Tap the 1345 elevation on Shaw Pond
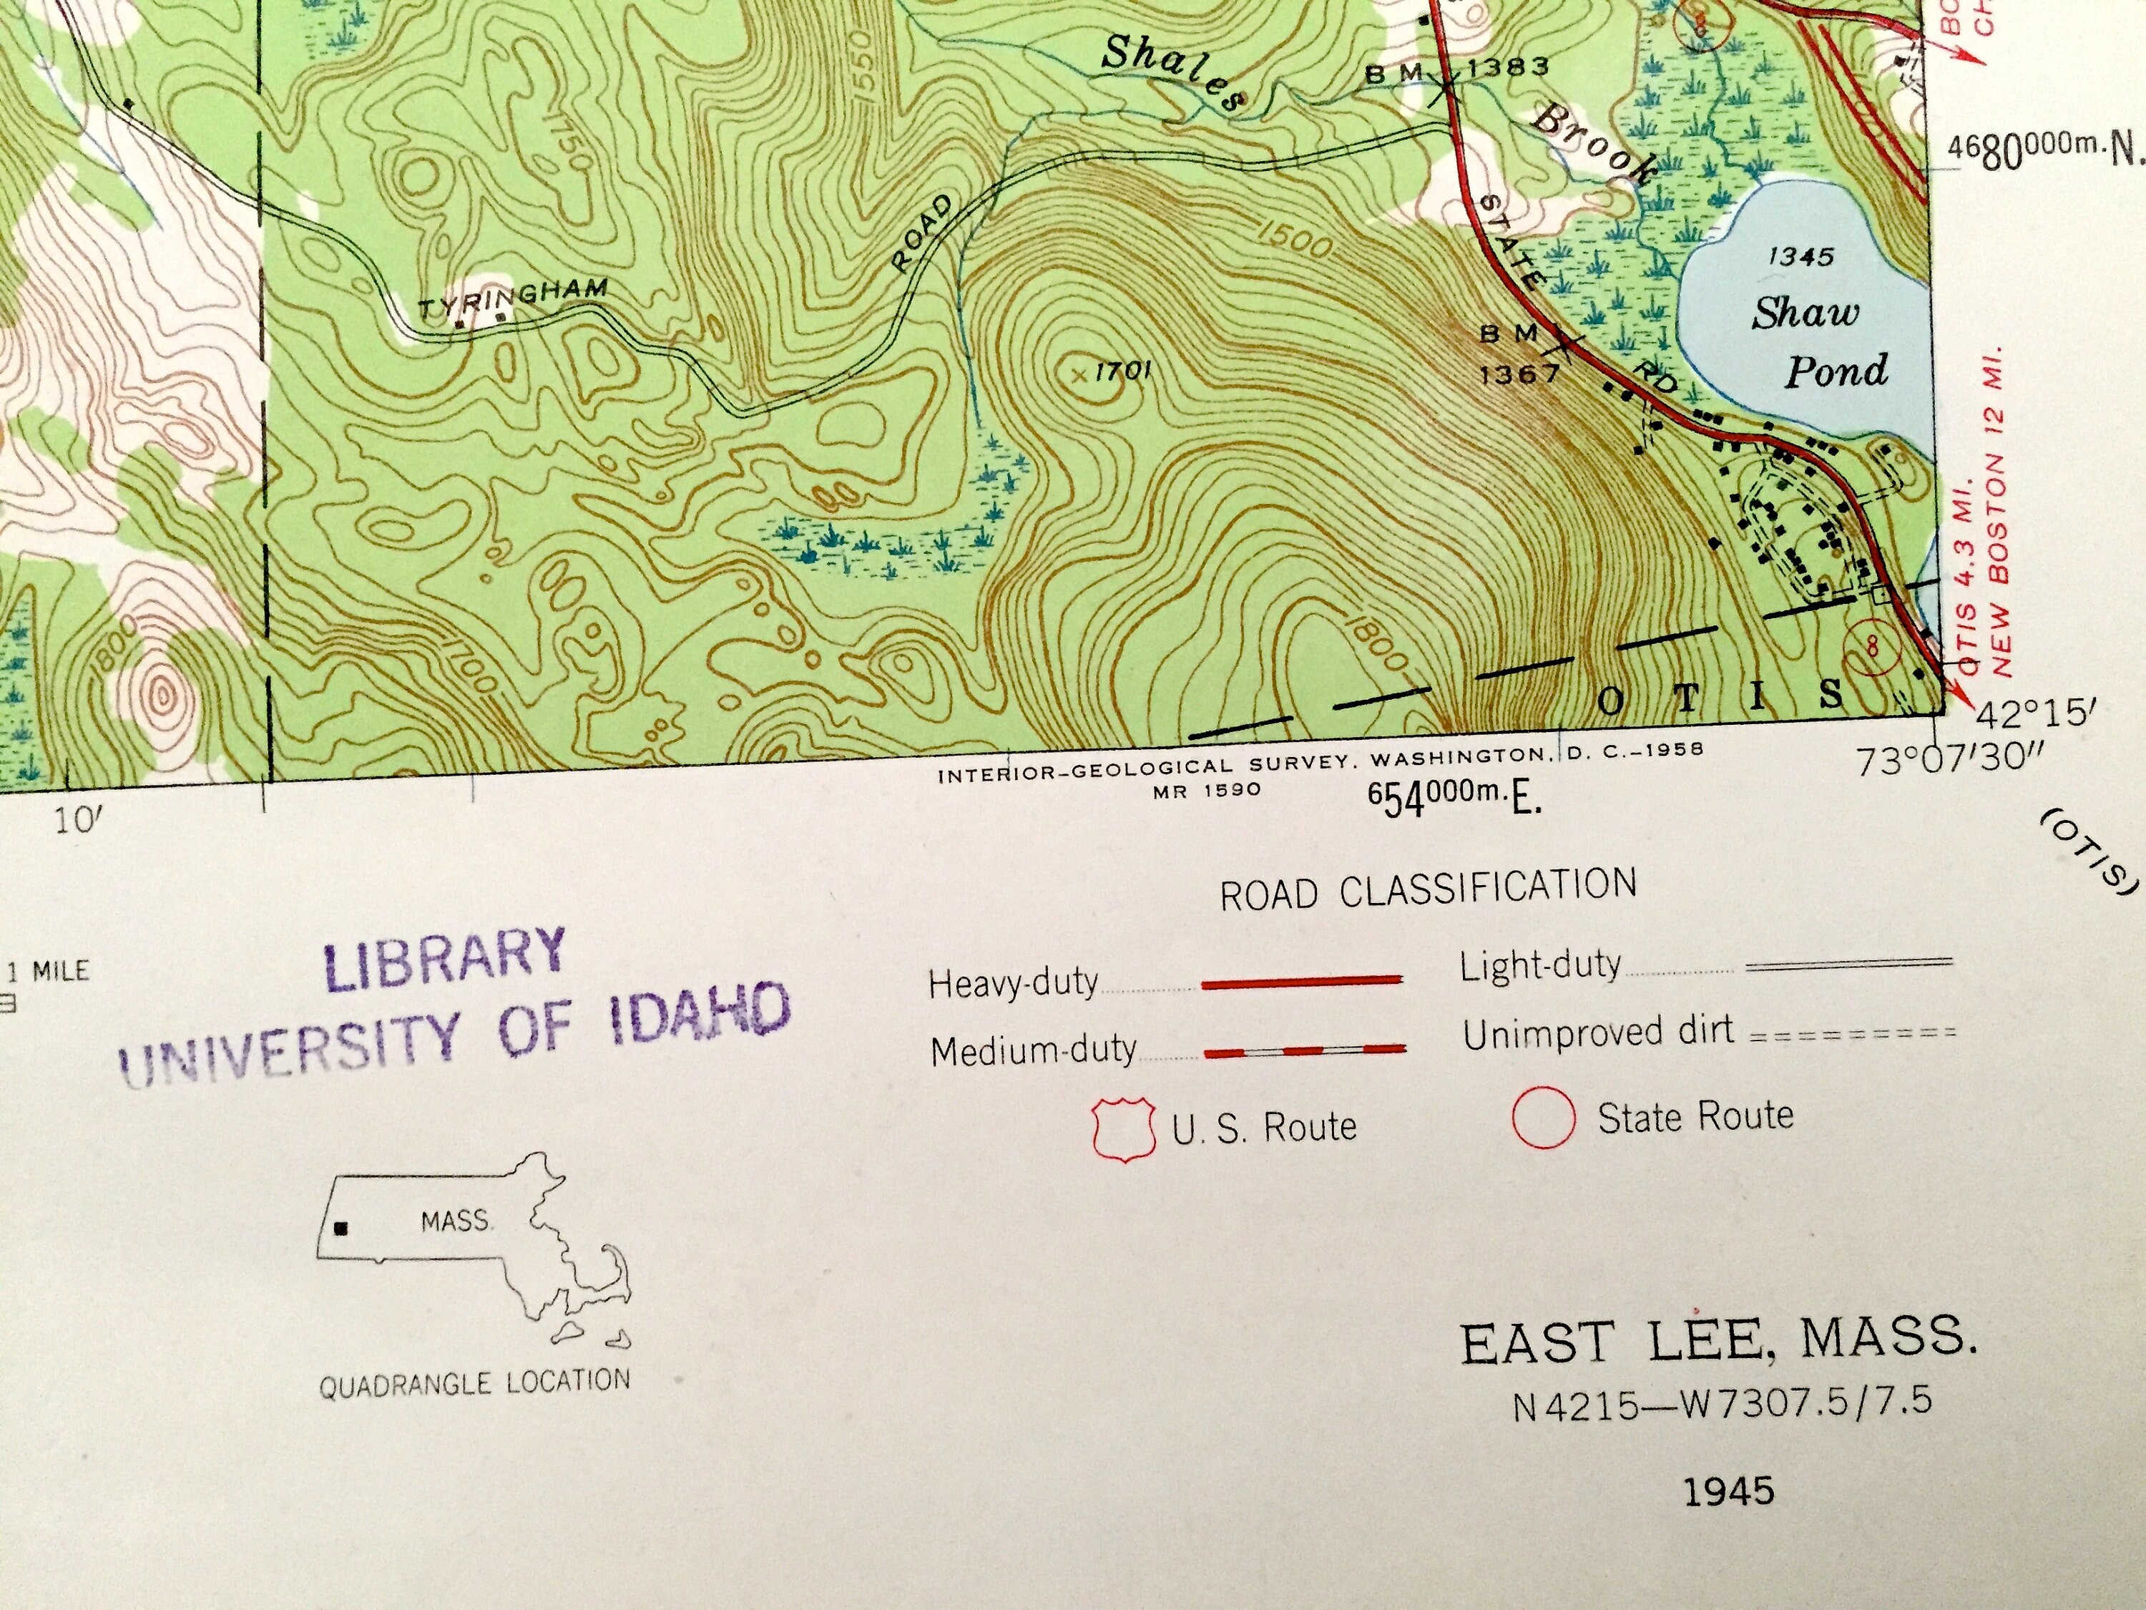pos(1800,256)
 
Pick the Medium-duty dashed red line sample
pos(1304,1049)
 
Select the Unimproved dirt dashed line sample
pos(1852,1033)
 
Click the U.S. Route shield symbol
pos(1124,1128)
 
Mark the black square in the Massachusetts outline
pos(340,1229)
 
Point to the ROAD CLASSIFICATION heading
pos(1428,889)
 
